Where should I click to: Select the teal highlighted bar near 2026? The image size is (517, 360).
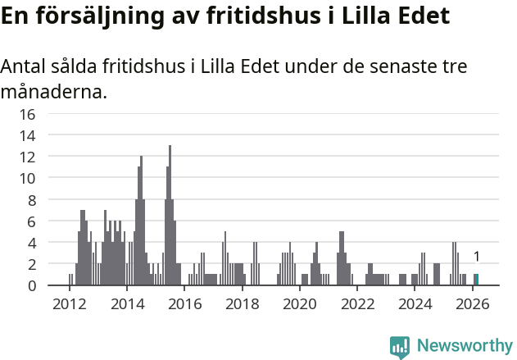tap(476, 280)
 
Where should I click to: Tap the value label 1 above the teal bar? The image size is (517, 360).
tap(476, 257)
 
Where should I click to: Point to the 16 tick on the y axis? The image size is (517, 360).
tap(27, 114)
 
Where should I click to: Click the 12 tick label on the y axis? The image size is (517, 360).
tap(27, 157)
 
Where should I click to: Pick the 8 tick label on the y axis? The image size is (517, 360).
tap(30, 200)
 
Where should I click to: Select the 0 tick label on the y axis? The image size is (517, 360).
tap(30, 285)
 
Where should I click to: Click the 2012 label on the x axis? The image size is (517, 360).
tap(70, 304)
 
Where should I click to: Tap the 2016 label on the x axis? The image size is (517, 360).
tap(184, 304)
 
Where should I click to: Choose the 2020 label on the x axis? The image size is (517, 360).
tap(300, 304)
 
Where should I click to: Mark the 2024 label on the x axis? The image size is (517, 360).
tap(415, 304)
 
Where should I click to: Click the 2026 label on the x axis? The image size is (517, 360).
tap(473, 304)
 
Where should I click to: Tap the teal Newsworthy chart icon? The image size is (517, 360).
tap(400, 346)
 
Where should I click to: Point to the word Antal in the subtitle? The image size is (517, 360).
tap(25, 66)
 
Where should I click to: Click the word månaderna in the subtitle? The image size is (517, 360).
tap(52, 91)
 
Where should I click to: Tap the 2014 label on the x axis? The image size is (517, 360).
tap(127, 304)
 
